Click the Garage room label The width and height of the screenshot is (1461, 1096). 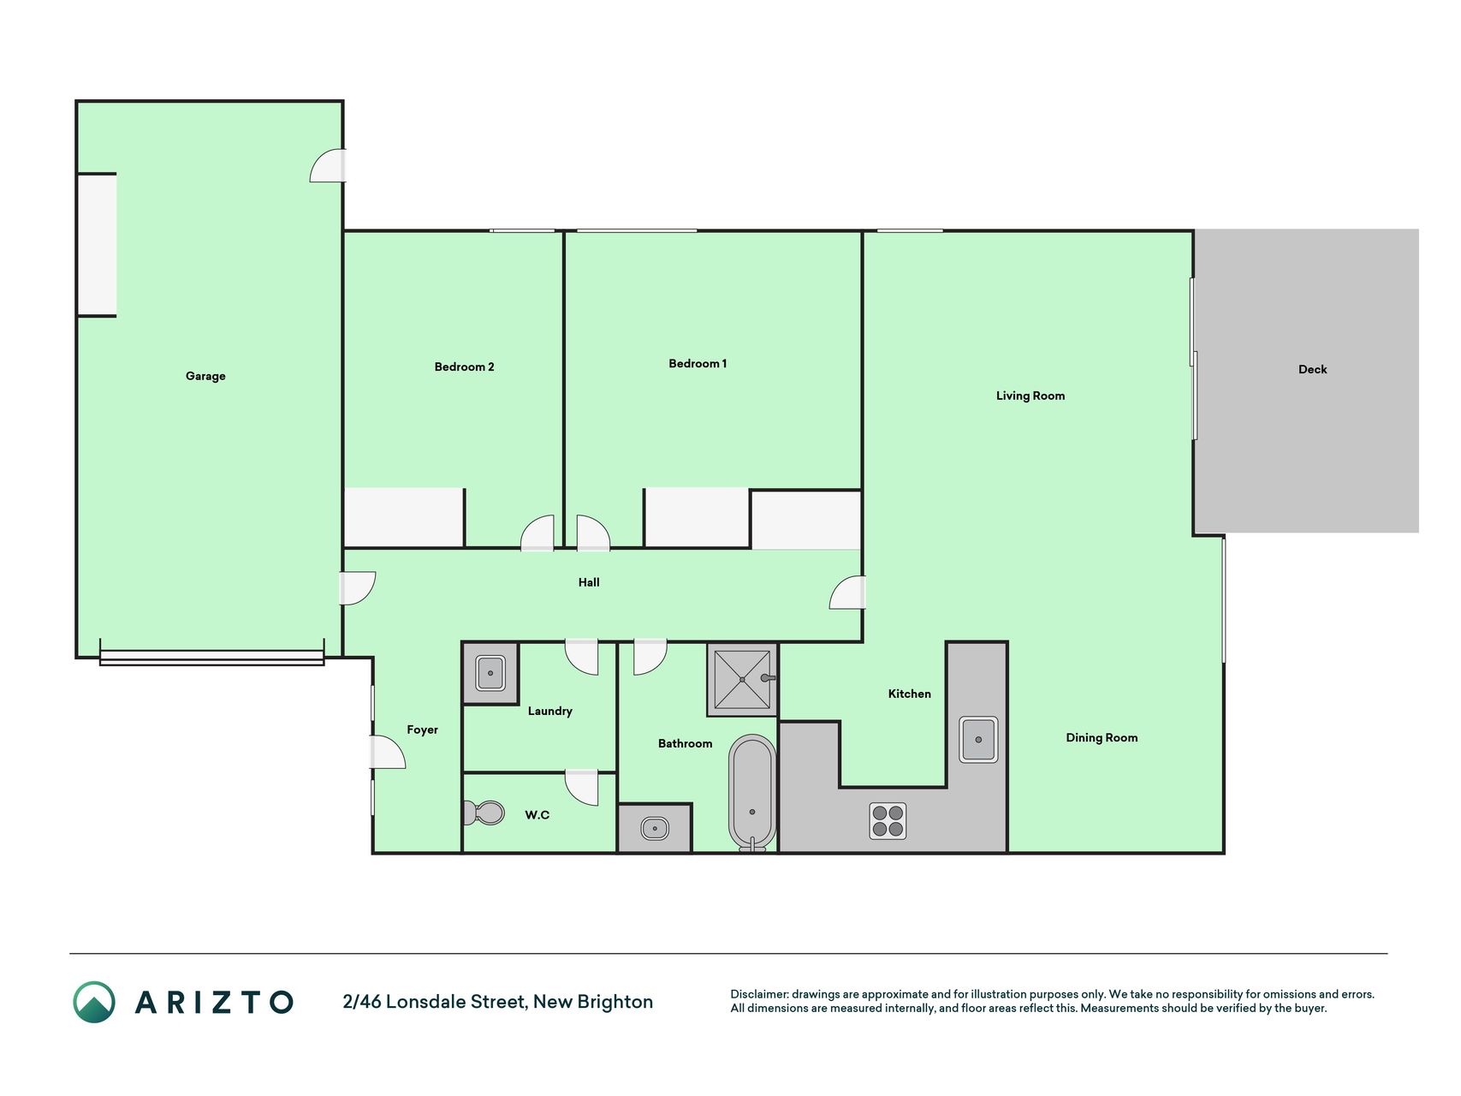(x=205, y=376)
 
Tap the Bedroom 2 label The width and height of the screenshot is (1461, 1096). (x=464, y=366)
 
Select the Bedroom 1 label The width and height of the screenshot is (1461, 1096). (x=698, y=363)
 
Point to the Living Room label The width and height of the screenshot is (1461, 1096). (x=1030, y=396)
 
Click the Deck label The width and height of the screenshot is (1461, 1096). (x=1312, y=369)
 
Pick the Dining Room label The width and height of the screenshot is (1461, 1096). (x=1102, y=737)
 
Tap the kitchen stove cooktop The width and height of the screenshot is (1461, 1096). (x=888, y=820)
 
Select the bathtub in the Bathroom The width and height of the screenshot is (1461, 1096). (x=752, y=792)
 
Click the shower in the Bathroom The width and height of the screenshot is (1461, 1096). (x=742, y=679)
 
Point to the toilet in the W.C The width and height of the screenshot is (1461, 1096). (x=484, y=813)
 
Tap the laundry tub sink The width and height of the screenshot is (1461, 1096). (x=490, y=673)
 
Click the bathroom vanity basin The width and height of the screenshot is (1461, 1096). (x=655, y=828)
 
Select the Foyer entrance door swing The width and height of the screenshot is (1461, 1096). (x=388, y=752)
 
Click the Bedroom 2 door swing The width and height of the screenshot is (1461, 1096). (x=538, y=533)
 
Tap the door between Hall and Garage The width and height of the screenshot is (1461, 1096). (x=358, y=588)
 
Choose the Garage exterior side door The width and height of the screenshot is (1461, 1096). (x=328, y=165)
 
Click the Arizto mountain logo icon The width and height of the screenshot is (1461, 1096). (x=94, y=1002)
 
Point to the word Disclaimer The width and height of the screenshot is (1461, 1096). (x=758, y=994)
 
